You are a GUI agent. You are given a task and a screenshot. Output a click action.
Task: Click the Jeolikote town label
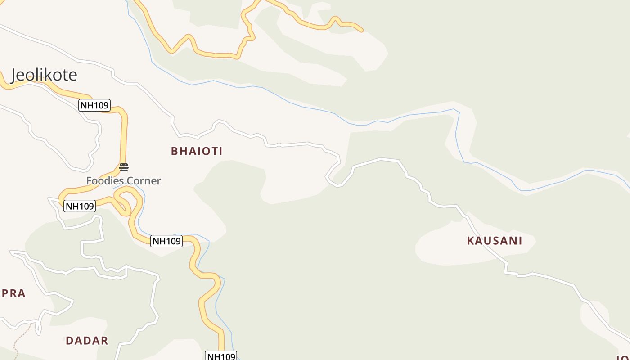click(44, 75)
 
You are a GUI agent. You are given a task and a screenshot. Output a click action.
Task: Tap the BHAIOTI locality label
click(197, 151)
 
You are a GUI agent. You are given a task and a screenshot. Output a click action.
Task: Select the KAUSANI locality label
click(495, 241)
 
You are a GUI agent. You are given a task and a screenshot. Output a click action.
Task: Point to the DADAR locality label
click(87, 341)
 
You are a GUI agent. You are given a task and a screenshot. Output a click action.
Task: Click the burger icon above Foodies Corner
click(124, 167)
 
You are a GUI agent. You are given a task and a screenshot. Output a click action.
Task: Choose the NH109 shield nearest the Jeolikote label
click(94, 106)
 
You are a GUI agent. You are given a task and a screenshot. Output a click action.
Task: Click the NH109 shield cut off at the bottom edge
click(221, 356)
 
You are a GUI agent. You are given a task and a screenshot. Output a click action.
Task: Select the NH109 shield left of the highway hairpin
click(80, 206)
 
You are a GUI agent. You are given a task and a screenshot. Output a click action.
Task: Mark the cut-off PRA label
click(13, 293)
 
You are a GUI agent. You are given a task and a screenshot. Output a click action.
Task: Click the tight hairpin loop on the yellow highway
click(122, 198)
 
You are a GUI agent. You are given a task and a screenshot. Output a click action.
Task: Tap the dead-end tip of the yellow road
click(361, 30)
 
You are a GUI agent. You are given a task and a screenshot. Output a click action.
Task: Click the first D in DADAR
click(69, 341)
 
